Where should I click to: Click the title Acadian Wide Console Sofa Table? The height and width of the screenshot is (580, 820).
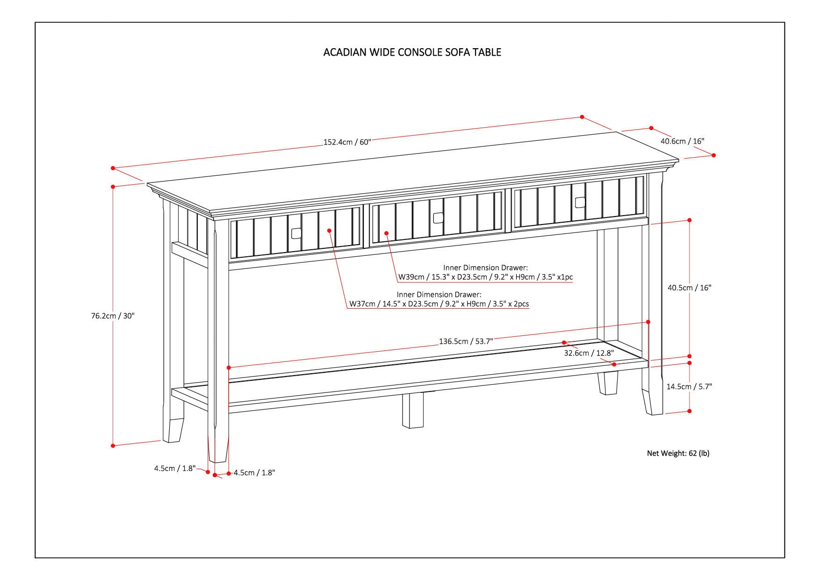click(412, 52)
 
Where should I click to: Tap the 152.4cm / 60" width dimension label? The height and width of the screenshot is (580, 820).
click(347, 142)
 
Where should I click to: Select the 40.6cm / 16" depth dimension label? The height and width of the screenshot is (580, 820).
click(682, 141)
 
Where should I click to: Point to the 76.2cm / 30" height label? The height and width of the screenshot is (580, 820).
click(113, 316)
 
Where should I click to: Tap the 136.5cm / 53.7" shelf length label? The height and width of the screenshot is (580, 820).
click(466, 341)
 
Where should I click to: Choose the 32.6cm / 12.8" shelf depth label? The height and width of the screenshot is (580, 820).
click(589, 353)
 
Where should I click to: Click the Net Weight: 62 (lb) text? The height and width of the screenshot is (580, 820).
click(678, 453)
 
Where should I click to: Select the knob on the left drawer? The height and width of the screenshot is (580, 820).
click(296, 232)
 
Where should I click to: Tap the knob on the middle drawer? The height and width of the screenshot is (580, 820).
click(438, 218)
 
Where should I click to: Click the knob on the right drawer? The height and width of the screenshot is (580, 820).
click(580, 202)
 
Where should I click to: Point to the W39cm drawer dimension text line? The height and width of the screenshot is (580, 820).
click(485, 277)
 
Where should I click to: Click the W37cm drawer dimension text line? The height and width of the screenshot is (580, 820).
click(439, 304)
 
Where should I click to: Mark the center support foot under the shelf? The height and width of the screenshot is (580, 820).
click(412, 410)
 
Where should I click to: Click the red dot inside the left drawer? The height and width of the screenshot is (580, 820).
click(330, 230)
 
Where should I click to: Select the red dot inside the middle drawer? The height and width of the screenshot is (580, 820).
click(387, 232)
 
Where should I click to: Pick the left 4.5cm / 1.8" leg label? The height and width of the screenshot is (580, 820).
click(175, 468)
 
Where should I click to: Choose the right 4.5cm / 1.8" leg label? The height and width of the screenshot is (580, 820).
click(254, 473)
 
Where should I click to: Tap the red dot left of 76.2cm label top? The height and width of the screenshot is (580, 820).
click(113, 187)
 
